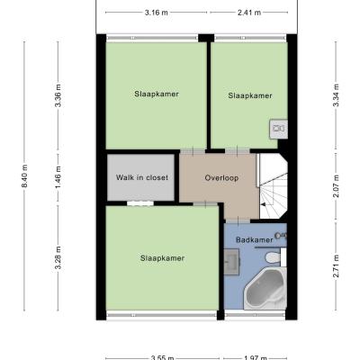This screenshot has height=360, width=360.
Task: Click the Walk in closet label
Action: (x=142, y=177)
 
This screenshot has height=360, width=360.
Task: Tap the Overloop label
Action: (x=221, y=178)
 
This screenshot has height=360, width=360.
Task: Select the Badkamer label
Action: (x=255, y=240)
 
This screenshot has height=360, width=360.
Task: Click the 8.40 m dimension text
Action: (x=24, y=176)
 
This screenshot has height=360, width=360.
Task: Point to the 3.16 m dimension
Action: (x=157, y=13)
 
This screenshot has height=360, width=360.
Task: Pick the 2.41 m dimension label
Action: (x=249, y=13)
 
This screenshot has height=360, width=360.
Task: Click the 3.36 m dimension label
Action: (x=58, y=95)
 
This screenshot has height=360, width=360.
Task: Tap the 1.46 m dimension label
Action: (x=58, y=177)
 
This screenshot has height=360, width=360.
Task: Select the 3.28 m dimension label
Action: (x=58, y=257)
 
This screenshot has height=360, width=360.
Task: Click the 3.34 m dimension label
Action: (x=336, y=95)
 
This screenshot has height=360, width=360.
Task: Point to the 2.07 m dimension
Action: (x=336, y=186)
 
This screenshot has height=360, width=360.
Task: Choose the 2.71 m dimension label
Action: (x=336, y=266)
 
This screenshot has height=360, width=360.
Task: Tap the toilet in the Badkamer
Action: (x=274, y=257)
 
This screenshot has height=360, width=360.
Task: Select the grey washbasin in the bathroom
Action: (x=231, y=262)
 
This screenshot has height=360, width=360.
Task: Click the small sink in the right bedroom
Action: (x=278, y=129)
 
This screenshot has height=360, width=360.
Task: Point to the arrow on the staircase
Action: (x=263, y=204)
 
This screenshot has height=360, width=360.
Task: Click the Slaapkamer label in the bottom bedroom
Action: (x=162, y=258)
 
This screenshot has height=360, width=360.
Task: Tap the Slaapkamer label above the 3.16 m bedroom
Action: (x=157, y=94)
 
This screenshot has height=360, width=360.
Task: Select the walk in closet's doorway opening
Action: (x=140, y=203)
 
